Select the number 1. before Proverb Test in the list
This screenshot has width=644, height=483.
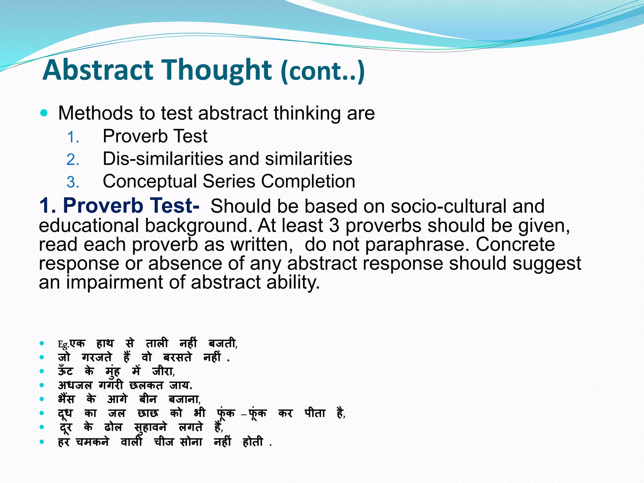pyautogui.click(x=73, y=137)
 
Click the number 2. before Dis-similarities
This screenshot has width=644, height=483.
pyautogui.click(x=73, y=160)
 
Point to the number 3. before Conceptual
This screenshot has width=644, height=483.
pyautogui.click(x=73, y=182)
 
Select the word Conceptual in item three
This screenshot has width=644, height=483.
pyautogui.click(x=149, y=181)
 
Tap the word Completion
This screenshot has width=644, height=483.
pyautogui.click(x=308, y=181)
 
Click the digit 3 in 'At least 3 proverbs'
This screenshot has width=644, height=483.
pyautogui.click(x=334, y=225)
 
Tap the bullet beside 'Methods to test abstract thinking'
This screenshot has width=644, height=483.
pyautogui.click(x=44, y=113)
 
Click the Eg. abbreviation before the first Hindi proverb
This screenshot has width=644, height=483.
pyautogui.click(x=63, y=345)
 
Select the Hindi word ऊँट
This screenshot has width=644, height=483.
pyautogui.click(x=65, y=371)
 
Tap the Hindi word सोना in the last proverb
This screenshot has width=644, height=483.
pyautogui.click(x=191, y=442)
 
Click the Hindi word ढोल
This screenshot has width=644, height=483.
pyautogui.click(x=113, y=427)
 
